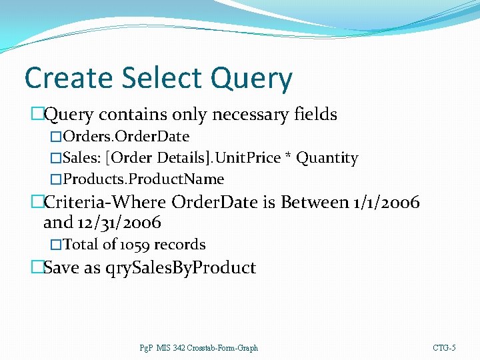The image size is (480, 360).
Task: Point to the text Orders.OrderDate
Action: pos(126,137)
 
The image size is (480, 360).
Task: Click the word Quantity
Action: pos(327,158)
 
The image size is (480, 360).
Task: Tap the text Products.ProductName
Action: pos(143,179)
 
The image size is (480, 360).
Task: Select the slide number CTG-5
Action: pos(444,348)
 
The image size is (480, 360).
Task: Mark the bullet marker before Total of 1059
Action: pos(56,245)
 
